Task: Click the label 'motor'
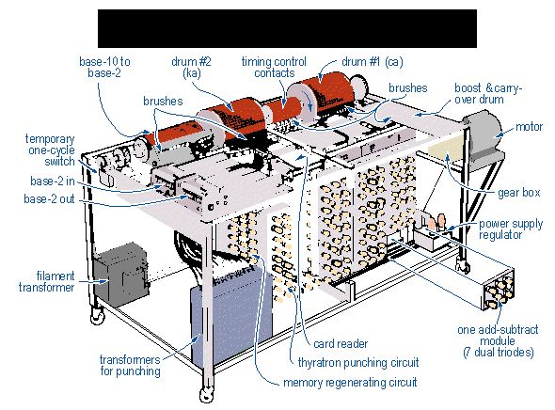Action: click(529, 127)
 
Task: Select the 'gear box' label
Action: click(519, 193)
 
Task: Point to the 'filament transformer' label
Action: click(46, 281)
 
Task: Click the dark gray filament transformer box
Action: click(120, 275)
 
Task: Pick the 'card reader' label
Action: click(341, 343)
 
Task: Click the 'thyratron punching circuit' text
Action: click(358, 363)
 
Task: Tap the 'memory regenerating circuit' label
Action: click(350, 383)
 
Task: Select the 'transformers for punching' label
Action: click(130, 366)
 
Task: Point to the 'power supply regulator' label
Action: click(511, 229)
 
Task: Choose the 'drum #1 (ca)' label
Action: click(373, 62)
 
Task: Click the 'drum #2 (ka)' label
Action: click(191, 67)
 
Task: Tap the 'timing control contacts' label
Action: click(274, 67)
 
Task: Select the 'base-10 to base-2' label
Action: click(104, 67)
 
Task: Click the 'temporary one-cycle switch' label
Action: click(50, 150)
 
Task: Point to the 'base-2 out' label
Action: click(49, 198)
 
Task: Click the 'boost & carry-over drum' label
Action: click(488, 93)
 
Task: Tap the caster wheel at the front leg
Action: click(206, 393)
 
